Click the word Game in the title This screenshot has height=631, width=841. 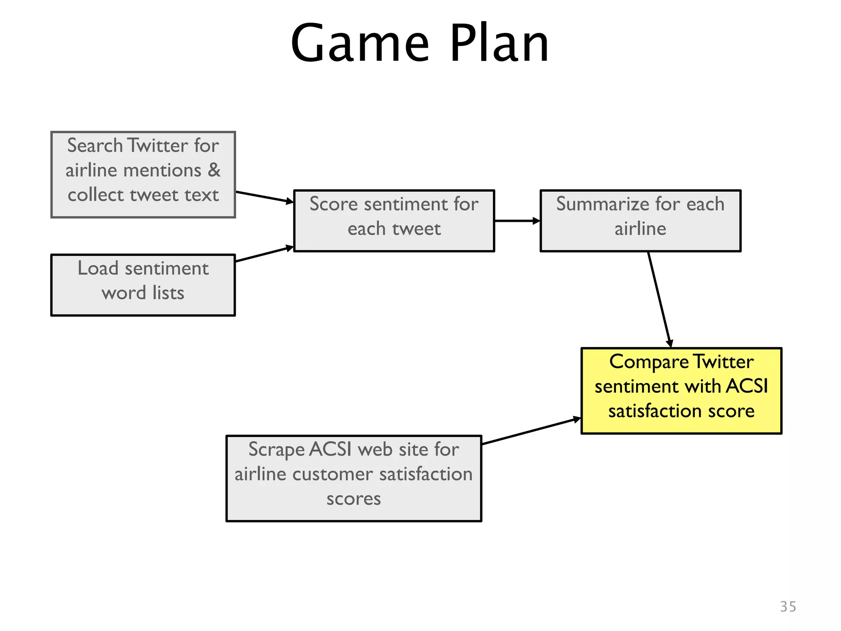pos(360,44)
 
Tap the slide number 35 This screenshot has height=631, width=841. pos(788,606)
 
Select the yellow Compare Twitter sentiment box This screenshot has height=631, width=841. pos(681,391)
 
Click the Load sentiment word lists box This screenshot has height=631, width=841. pos(143,285)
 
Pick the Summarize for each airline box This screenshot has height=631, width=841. pos(640,221)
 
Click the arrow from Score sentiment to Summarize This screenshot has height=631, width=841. pos(517,221)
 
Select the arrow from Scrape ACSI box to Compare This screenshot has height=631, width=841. pos(531,431)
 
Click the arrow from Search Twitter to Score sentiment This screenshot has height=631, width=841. pos(264,197)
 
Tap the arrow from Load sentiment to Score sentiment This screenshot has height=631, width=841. pos(264,254)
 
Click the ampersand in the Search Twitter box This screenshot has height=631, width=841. pos(214,170)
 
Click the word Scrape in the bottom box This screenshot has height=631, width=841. pos(276,449)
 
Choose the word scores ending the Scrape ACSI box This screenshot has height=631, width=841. pos(354,499)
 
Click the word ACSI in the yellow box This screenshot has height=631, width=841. pos(747,386)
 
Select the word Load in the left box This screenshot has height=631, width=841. pos(98,268)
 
